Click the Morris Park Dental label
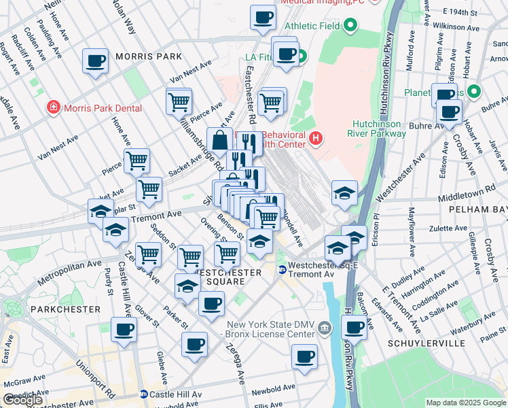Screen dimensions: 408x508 pos(103,108)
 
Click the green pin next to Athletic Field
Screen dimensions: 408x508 pos(350,27)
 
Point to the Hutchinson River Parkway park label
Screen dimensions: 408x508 pos(379,129)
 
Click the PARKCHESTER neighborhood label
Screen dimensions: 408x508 pos(50,309)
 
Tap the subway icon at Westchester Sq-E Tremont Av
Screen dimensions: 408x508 pos(281,270)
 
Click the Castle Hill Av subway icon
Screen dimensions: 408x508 pos(144,394)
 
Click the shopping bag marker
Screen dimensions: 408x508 pos(220,141)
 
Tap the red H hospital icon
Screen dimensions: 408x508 pos(314,139)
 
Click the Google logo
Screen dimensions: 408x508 pos(23,400)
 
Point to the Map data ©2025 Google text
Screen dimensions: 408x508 pos(465,403)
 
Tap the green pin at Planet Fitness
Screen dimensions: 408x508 pos(473,92)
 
